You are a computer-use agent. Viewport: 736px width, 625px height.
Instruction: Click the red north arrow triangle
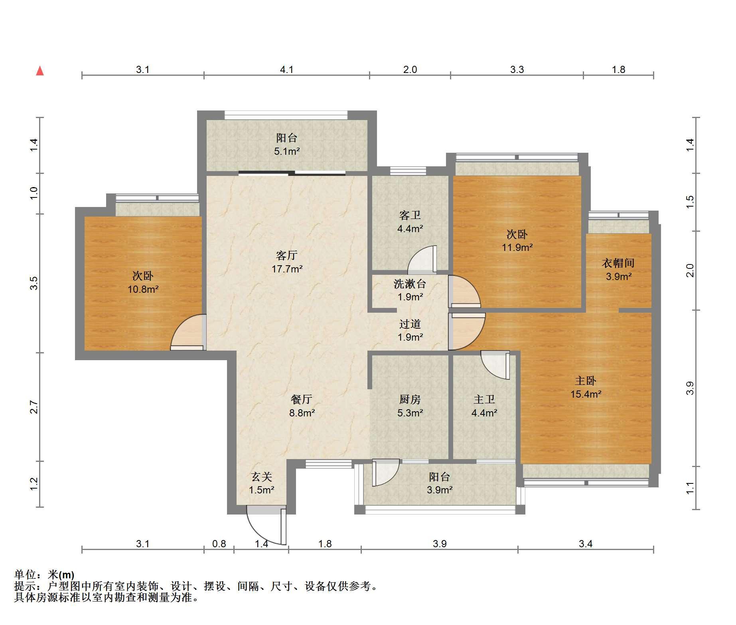coord(40,71)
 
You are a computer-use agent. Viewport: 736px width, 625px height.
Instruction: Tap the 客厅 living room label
coord(287,255)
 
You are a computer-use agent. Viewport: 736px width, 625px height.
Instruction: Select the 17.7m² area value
coord(287,269)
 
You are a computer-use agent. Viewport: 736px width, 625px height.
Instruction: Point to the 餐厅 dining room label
coord(302,399)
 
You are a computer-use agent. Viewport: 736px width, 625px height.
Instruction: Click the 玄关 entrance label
coord(262,477)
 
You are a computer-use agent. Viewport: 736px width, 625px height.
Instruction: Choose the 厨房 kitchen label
coord(410,399)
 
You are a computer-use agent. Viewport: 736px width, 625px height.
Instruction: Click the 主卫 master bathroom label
coord(484,399)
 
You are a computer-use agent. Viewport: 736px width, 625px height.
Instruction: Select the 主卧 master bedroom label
coord(586,381)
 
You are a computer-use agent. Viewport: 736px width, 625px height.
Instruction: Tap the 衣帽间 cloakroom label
coord(618,263)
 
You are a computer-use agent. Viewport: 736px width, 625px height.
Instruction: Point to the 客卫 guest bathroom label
coord(410,215)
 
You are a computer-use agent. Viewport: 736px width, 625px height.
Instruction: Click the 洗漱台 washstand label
coord(410,284)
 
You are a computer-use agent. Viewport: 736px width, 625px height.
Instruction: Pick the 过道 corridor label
coord(410,324)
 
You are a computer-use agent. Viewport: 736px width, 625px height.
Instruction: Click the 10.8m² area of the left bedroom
coord(143,289)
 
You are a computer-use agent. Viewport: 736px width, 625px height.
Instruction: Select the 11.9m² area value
coord(517,247)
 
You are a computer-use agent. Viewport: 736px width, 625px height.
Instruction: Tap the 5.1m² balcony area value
coord(287,151)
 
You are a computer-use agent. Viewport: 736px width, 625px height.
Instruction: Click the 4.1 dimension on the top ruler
coord(286,70)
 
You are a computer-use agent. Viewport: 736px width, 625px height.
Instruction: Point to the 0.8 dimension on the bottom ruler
coord(219,544)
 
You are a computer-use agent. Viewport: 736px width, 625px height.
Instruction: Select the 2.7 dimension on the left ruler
coord(34,407)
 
